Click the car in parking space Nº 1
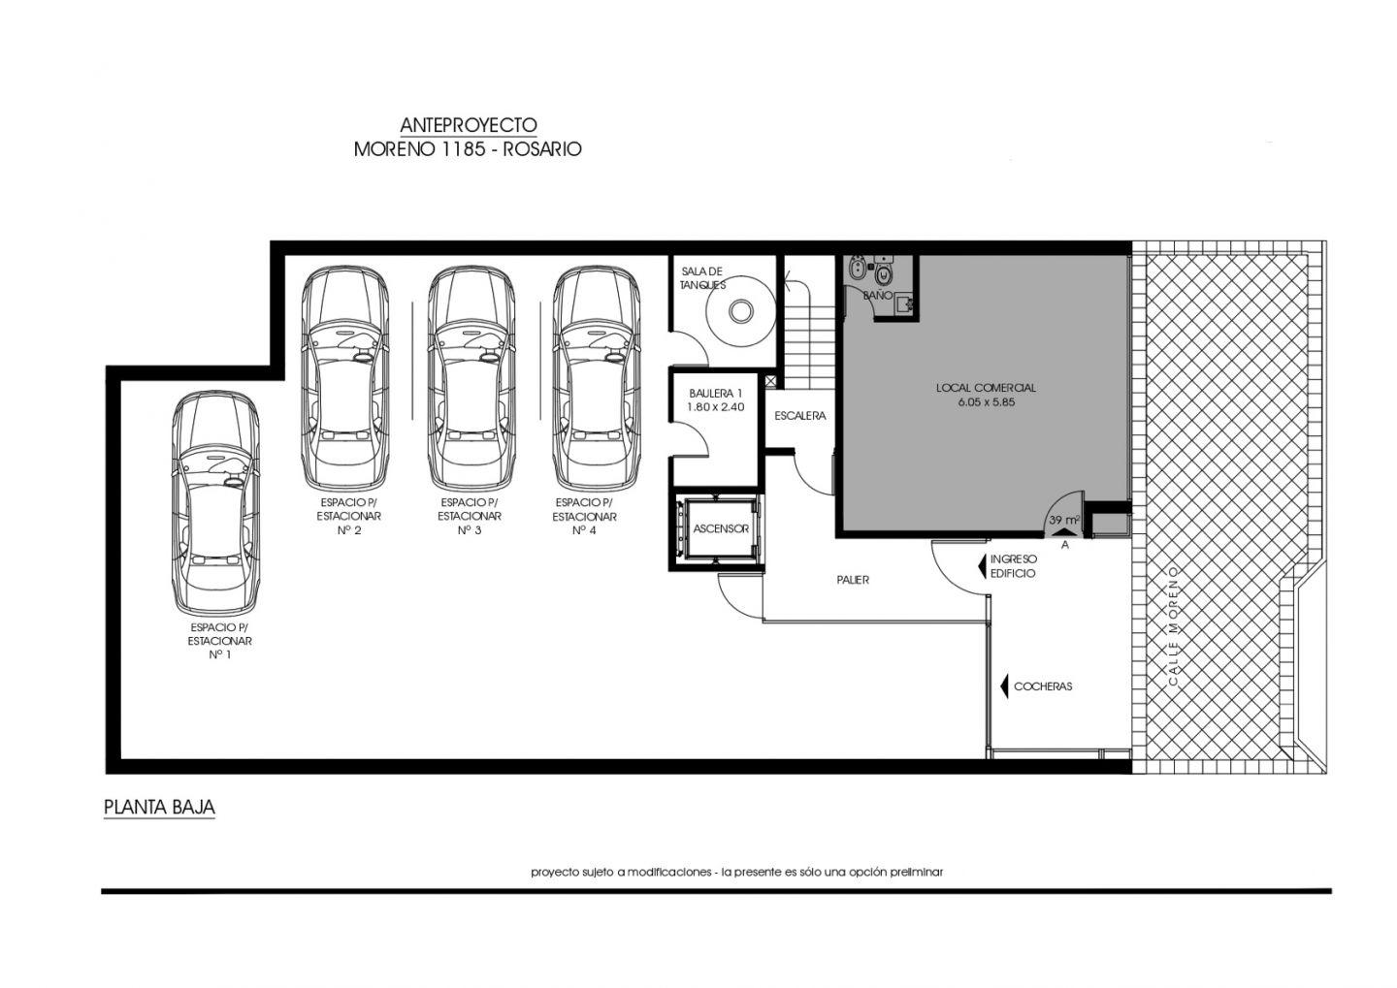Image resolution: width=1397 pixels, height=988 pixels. [x=215, y=503]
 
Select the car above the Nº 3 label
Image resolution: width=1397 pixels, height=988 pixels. [x=471, y=378]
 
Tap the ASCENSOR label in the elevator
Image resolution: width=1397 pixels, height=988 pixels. [x=721, y=528]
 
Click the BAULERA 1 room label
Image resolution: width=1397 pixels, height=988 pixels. [x=715, y=394]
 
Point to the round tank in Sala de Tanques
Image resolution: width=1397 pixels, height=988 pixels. [x=741, y=311]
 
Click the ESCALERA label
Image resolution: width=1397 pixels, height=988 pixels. [x=800, y=415]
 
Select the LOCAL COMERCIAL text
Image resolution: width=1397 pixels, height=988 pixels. [x=986, y=388]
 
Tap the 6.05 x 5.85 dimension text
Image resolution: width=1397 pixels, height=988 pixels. [x=987, y=402]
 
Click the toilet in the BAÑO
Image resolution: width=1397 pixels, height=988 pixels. [x=883, y=272]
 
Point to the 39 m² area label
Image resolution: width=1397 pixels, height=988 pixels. [x=1064, y=520]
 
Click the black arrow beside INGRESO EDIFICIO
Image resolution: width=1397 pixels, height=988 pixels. [x=982, y=565]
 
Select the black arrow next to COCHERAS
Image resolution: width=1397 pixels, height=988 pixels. [x=1004, y=686]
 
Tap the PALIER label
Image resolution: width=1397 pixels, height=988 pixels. [x=853, y=580]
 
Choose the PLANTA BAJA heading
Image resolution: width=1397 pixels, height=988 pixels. [x=159, y=808]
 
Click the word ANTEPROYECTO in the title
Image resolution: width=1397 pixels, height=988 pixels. [x=469, y=125]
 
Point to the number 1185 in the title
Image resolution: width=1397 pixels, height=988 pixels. [x=460, y=149]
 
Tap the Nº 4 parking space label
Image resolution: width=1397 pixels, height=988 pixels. [x=584, y=530]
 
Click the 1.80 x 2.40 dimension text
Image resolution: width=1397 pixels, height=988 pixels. [x=715, y=407]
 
